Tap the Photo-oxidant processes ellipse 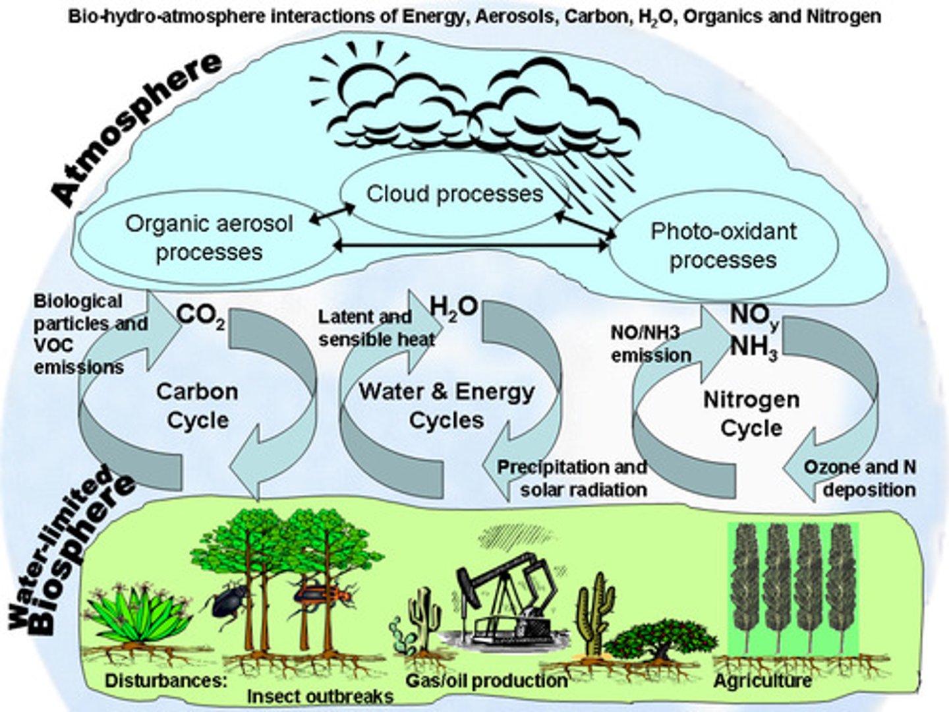[723, 245]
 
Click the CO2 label [200, 316]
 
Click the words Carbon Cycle [197, 405]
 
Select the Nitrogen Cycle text [751, 413]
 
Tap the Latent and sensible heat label [376, 328]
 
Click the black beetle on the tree [229, 600]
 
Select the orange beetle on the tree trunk [323, 595]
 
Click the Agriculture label [762, 680]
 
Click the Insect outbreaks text [320, 696]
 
